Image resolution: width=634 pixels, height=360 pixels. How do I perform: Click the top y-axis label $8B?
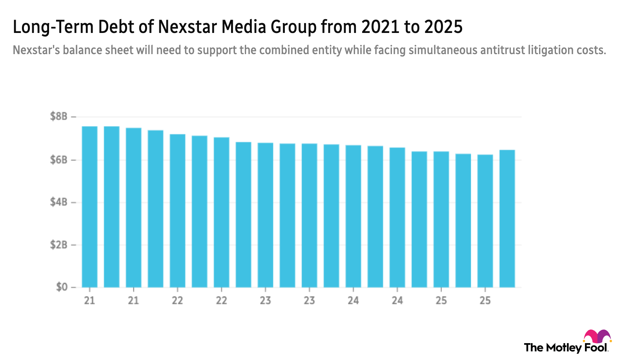coord(59,116)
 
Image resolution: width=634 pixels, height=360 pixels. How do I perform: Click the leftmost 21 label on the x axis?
coord(89,300)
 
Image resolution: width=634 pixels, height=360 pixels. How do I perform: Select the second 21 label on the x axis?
coord(133,300)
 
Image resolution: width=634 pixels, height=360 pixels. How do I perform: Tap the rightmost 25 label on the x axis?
coord(485,300)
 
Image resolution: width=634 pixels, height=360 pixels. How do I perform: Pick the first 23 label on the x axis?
coord(266,300)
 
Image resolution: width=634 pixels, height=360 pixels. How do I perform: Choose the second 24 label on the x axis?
coord(397,300)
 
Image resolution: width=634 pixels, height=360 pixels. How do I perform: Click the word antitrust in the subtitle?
coord(503,50)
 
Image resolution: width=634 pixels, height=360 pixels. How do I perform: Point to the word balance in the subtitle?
coord(81,50)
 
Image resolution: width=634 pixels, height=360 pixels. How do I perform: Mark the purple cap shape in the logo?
coord(603,336)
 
